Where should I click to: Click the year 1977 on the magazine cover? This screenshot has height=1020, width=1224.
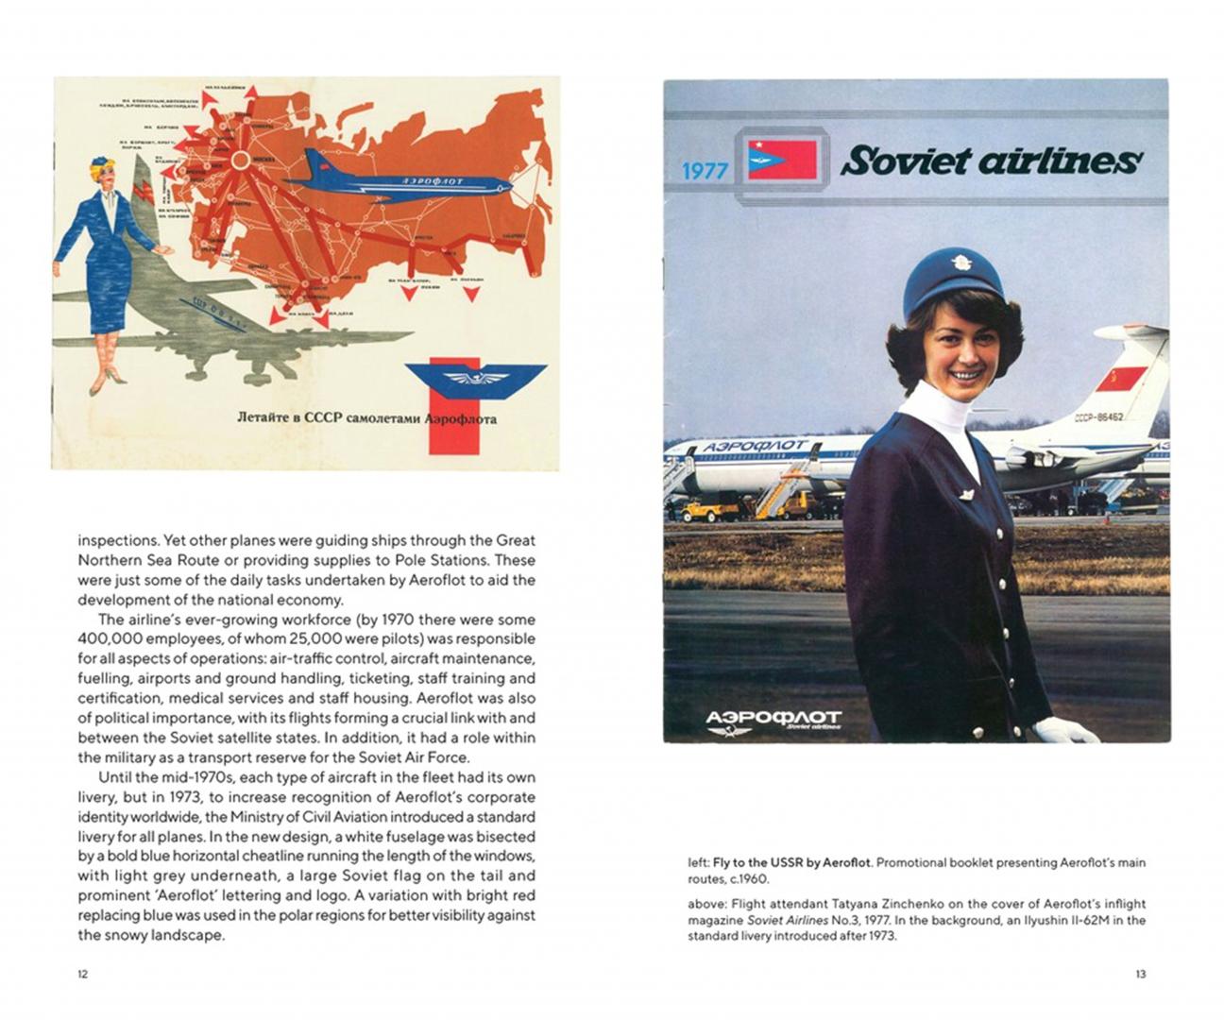click(x=705, y=170)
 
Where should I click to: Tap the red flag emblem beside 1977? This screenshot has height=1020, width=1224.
click(x=782, y=160)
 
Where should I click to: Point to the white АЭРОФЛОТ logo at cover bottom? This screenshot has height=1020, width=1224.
click(x=773, y=719)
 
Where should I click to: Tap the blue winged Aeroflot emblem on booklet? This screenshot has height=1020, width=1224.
click(x=476, y=377)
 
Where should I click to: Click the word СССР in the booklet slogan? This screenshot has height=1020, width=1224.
click(x=331, y=416)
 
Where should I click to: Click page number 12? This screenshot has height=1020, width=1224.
click(x=82, y=974)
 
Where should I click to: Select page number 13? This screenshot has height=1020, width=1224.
click(x=1140, y=974)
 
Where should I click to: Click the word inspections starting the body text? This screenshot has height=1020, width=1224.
click(x=117, y=540)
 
